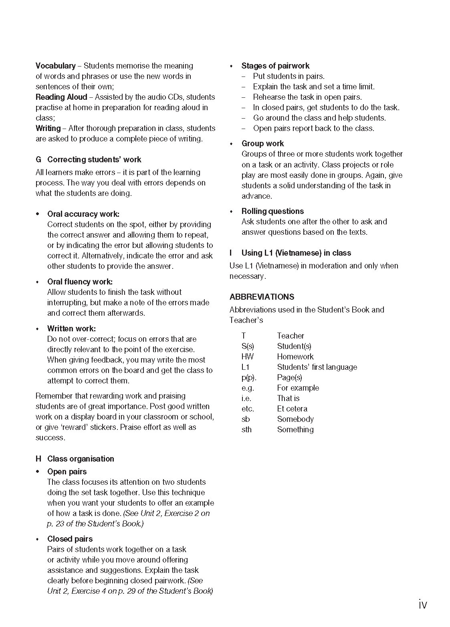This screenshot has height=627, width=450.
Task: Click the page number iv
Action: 423,604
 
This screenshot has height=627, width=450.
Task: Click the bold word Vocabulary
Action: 55,66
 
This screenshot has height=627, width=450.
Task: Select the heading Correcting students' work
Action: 94,159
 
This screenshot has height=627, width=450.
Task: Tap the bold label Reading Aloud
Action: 61,97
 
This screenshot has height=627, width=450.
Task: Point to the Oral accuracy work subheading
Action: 83,214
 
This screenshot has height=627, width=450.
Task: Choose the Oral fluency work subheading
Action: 80,282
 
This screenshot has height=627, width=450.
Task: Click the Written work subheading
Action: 71,329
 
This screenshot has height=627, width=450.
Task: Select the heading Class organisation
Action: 81,459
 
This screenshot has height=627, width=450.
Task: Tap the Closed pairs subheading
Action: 70,539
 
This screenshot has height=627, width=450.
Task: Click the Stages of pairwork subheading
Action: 275,66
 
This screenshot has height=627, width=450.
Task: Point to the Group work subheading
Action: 262,143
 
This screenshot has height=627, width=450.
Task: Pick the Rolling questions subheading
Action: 272,211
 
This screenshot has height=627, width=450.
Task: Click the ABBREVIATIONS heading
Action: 262,297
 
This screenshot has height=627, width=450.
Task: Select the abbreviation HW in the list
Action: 247,357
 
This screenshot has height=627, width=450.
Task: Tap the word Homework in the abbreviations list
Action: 295,357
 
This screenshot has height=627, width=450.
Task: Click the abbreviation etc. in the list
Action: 248,409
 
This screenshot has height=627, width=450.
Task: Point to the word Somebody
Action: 295,419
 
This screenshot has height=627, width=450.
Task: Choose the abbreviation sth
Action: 246,429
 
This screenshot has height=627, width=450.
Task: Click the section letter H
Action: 38,459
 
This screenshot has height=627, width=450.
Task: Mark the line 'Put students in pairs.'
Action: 289,76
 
